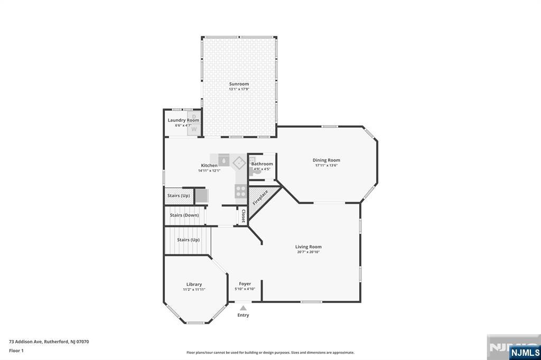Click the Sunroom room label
[x=239, y=84]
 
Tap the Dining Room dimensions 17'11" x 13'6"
[x=326, y=165]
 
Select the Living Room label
[x=308, y=247]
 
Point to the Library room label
[x=194, y=285]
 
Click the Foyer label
[x=245, y=284]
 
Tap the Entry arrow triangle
[x=243, y=308]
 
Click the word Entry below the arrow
[x=243, y=315]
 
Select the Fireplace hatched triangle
[x=261, y=200]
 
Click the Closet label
[x=243, y=216]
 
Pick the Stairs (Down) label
[x=184, y=215]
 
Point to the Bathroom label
[x=262, y=164]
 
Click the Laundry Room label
[x=183, y=120]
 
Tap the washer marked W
[x=194, y=129]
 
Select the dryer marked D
[x=194, y=116]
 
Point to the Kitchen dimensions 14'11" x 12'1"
[x=209, y=170]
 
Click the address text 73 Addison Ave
[x=26, y=342]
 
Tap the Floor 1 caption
[x=16, y=350]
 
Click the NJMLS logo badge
[x=525, y=353]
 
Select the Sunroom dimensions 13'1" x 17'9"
[x=239, y=89]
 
